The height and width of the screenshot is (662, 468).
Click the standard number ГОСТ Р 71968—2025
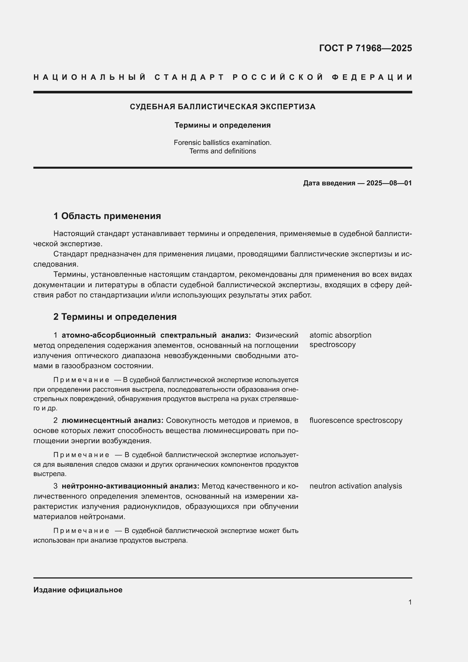coord(365,48)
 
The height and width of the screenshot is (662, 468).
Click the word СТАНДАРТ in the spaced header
coord(189,77)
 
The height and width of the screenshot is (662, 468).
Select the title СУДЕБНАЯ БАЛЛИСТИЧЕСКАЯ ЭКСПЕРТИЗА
coord(222,107)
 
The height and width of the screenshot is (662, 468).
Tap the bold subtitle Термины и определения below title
coord(222,125)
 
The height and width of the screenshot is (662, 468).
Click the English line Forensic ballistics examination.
coord(222,142)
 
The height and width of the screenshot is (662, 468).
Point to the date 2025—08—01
coord(389,183)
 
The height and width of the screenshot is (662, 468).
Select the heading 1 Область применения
coord(107,216)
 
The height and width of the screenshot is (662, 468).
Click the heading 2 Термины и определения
coord(115,317)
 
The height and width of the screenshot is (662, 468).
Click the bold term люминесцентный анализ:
coord(112,420)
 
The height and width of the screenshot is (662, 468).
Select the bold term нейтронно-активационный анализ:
coord(130,486)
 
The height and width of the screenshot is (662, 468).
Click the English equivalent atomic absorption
coord(340,335)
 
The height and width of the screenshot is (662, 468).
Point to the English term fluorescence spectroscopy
coord(356,420)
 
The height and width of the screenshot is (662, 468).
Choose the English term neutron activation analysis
coord(355,486)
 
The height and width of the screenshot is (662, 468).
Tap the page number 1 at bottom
coord(410,602)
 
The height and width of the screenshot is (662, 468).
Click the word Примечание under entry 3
coord(81,531)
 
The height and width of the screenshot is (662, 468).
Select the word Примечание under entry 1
coord(81,380)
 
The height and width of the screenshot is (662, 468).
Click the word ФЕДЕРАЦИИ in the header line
coord(372,77)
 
